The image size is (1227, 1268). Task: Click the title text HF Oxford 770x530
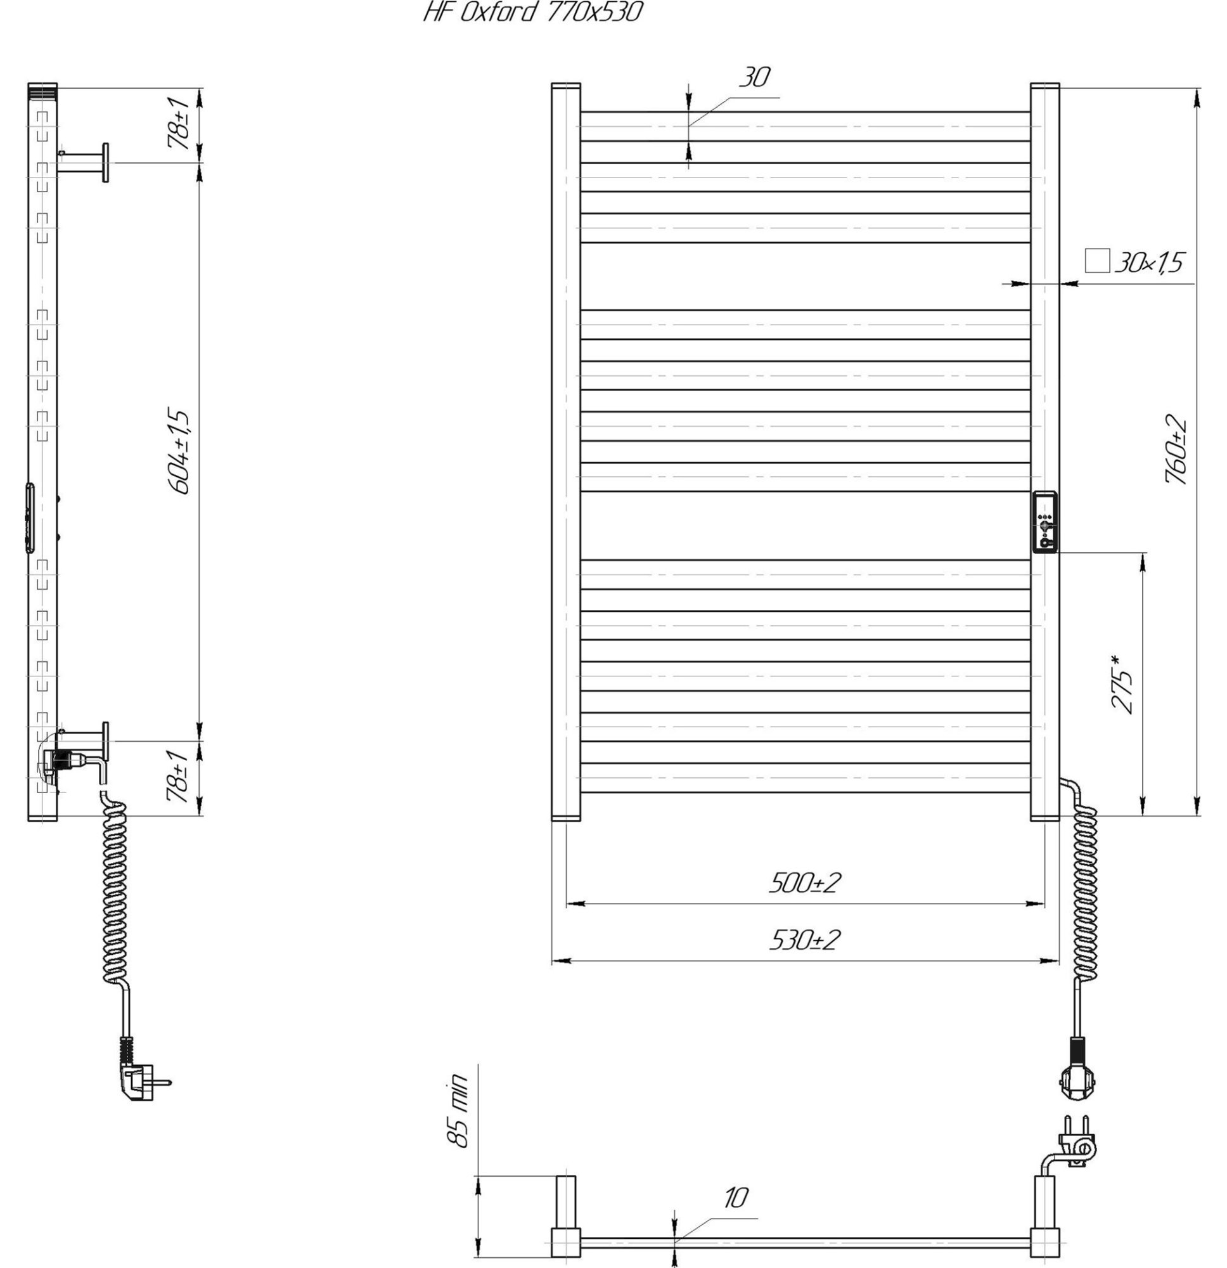point(533,12)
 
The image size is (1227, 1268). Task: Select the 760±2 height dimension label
point(1176,450)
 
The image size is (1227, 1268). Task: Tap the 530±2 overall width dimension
point(805,940)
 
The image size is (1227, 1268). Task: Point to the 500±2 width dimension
point(805,883)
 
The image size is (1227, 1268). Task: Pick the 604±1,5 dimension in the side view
point(180,451)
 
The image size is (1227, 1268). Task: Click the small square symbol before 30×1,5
point(1097,261)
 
